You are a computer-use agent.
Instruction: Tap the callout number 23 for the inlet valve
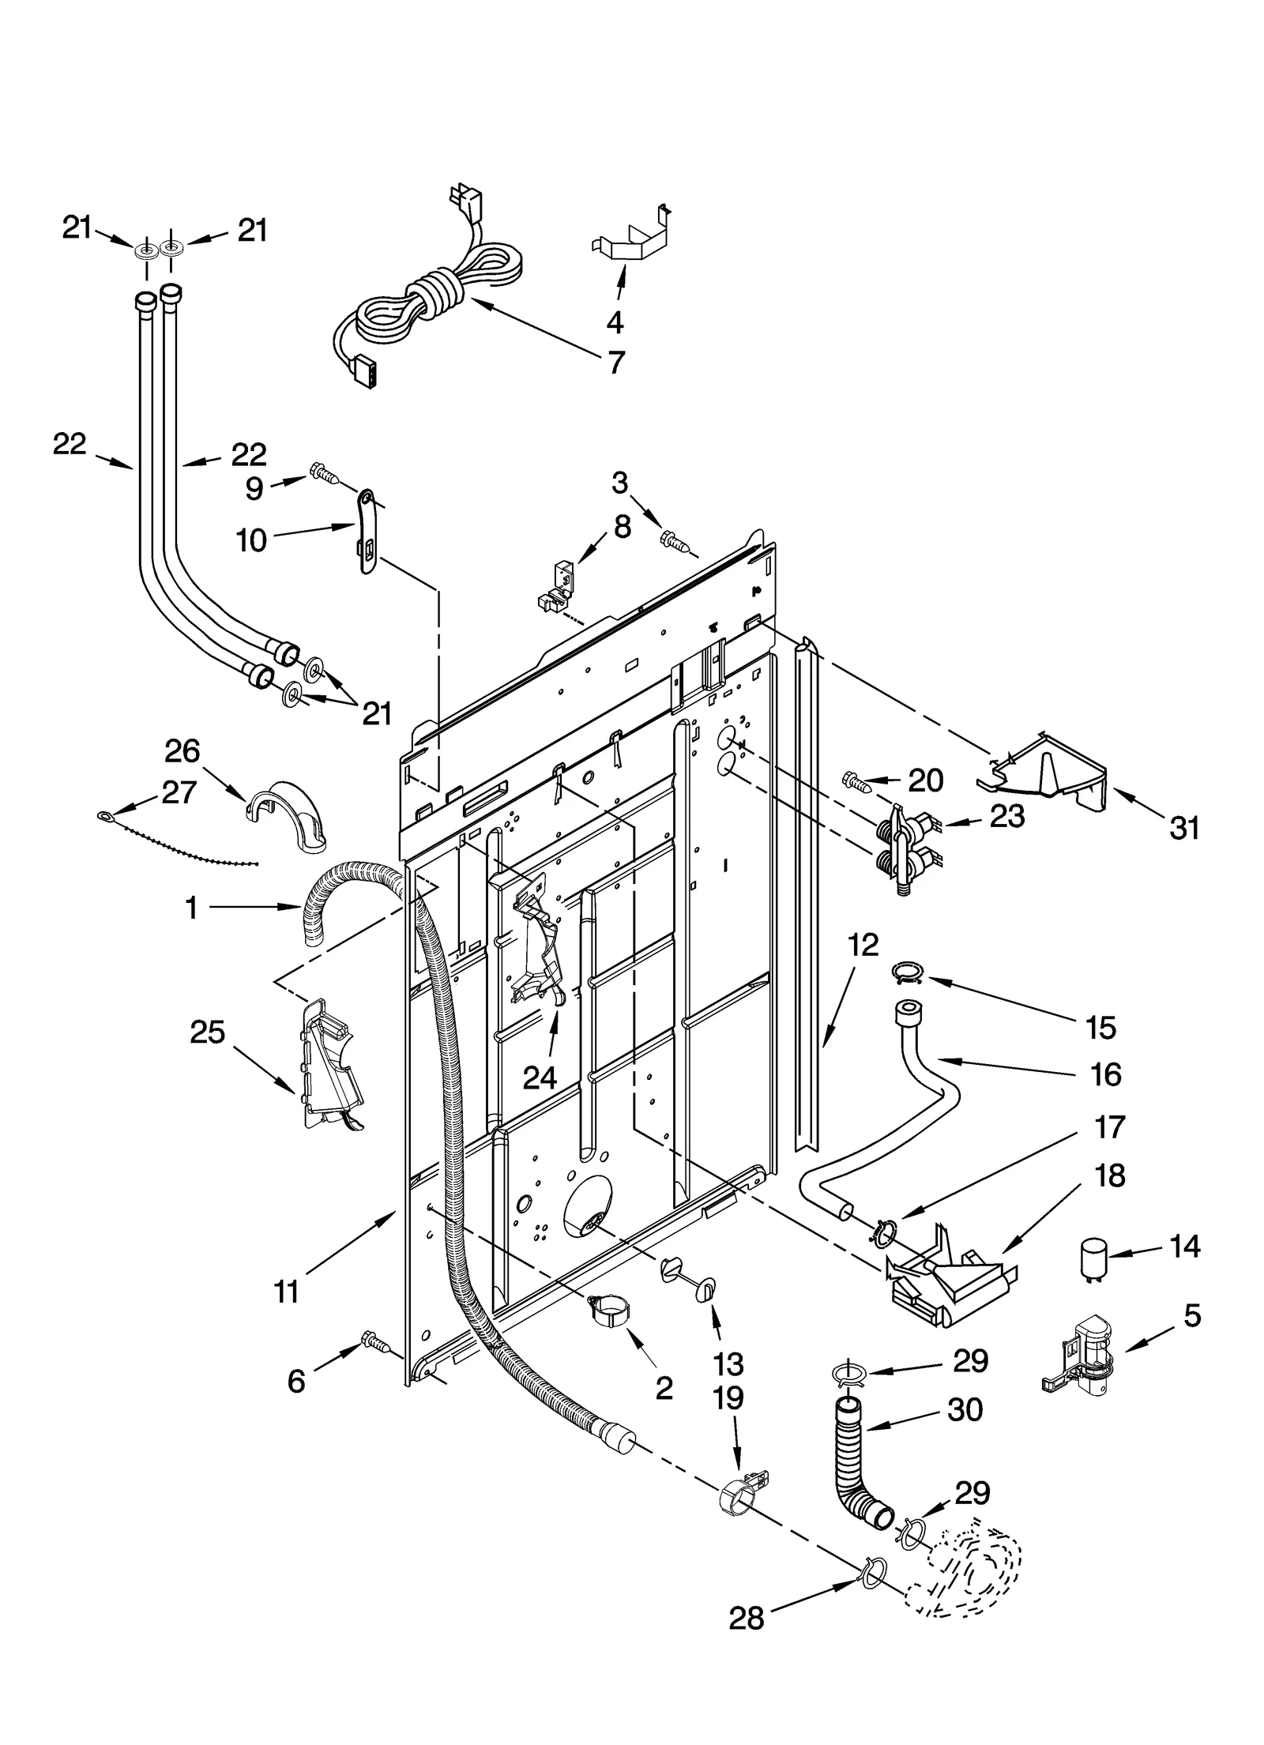point(1007,815)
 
